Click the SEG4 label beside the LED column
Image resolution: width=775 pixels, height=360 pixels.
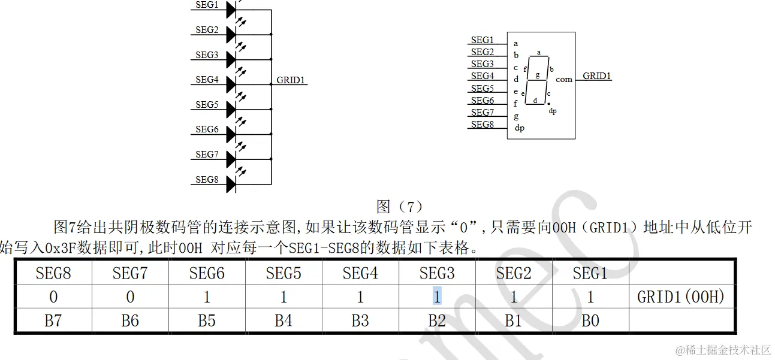click(206, 79)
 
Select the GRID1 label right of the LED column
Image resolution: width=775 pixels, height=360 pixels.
click(291, 80)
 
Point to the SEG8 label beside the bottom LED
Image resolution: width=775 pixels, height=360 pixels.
click(206, 179)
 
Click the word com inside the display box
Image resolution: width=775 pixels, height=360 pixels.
click(563, 79)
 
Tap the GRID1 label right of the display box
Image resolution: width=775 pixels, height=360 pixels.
click(597, 76)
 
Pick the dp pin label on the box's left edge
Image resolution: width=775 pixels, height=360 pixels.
click(519, 128)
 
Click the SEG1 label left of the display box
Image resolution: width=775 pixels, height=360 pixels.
click(482, 40)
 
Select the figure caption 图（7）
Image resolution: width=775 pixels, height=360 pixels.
click(400, 207)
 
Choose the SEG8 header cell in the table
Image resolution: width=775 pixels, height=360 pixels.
click(53, 274)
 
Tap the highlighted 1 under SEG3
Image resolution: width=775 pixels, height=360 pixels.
click(437, 297)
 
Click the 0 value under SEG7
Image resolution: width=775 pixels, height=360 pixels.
click(130, 297)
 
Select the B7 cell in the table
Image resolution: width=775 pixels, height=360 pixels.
click(53, 320)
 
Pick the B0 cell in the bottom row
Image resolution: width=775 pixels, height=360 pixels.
click(590, 320)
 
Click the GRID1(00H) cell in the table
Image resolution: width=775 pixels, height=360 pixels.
click(681, 297)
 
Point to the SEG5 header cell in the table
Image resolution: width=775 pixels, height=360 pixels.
click(284, 274)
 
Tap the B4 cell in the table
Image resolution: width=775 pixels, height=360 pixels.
click(284, 320)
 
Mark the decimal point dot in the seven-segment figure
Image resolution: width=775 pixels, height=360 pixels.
click(548, 104)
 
